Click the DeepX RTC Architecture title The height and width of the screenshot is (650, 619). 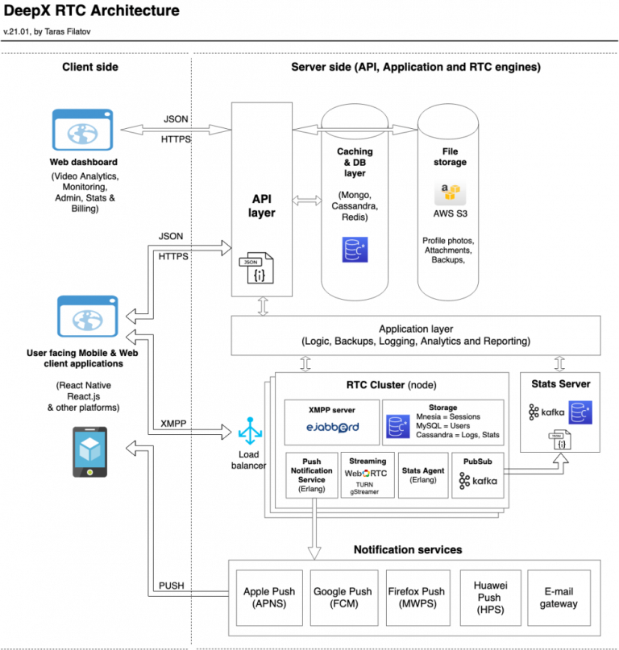click(x=92, y=11)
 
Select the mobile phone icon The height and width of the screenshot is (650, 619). click(x=90, y=453)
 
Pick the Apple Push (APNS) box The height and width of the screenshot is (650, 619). click(x=268, y=597)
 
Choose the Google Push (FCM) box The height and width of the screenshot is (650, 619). click(x=343, y=597)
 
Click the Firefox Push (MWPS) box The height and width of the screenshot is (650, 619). click(x=415, y=597)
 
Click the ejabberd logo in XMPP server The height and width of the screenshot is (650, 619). click(x=331, y=427)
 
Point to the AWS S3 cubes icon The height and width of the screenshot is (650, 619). click(x=449, y=194)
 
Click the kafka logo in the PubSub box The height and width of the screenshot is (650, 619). click(x=476, y=482)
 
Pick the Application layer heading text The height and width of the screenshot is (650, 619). click(x=416, y=329)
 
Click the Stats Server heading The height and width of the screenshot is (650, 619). click(x=563, y=383)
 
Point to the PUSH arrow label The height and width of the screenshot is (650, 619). click(x=171, y=586)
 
